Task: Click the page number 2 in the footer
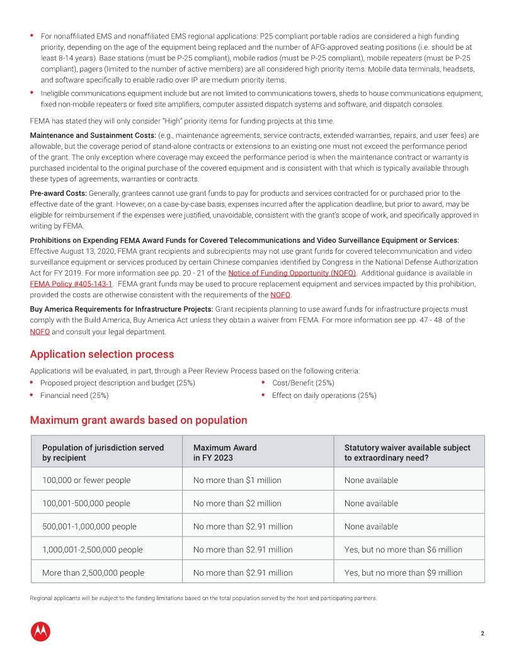[482, 634]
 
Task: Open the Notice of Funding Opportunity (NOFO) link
[292, 273]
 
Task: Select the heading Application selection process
[101, 355]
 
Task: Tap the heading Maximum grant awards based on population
[138, 420]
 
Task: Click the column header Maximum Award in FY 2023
[225, 453]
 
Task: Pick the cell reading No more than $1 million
[237, 480]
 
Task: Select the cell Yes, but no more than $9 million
[403, 573]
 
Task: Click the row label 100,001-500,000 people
[86, 504]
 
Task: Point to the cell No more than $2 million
[237, 504]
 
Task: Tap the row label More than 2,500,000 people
[93, 573]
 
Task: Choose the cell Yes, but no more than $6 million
[403, 550]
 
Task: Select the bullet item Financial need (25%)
[74, 395]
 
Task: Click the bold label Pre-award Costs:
[58, 193]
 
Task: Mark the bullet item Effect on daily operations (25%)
[324, 395]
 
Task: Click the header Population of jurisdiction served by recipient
[103, 453]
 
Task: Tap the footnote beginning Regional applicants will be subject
[203, 598]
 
